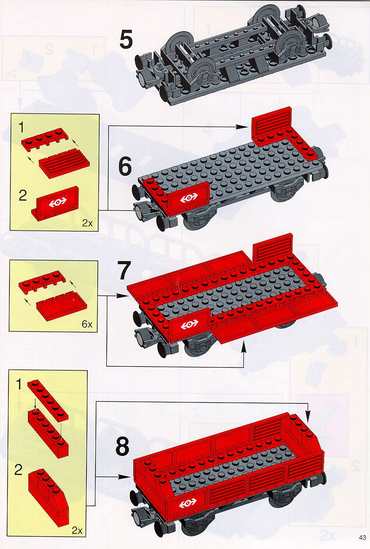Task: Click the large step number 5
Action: (126, 40)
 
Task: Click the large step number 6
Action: (125, 167)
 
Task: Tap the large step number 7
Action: (123, 271)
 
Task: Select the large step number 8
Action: (122, 446)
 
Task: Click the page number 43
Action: (362, 538)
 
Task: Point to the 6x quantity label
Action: (87, 324)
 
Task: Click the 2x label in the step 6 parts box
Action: (87, 223)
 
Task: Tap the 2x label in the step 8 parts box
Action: (77, 531)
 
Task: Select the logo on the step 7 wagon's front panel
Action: (189, 325)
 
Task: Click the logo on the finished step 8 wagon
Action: (188, 504)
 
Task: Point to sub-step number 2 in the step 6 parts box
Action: (22, 196)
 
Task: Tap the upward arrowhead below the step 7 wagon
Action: (244, 347)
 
